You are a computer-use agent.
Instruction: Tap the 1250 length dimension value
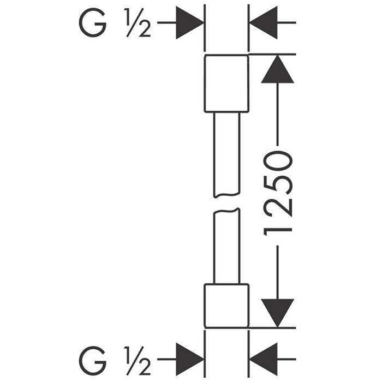coord(279,194)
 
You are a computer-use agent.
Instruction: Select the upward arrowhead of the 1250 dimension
coord(277,70)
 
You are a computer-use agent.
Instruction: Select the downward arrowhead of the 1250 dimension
coord(277,312)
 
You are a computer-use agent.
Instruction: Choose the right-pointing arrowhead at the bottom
coord(189,360)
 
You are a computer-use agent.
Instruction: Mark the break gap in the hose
coord(226,204)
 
